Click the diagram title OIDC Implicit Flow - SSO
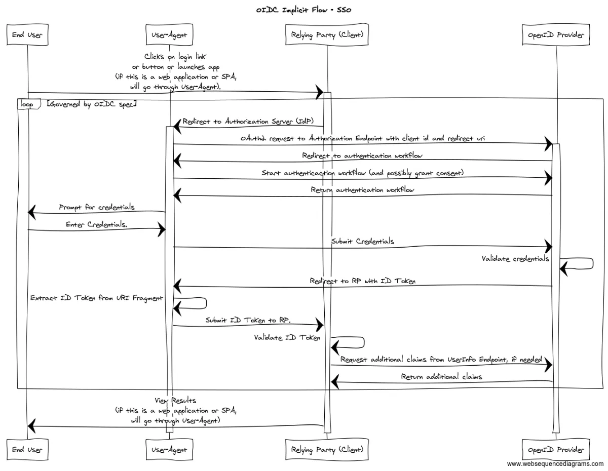(x=303, y=10)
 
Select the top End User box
(x=27, y=34)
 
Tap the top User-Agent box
(x=169, y=34)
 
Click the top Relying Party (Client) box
(x=326, y=34)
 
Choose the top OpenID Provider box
(x=555, y=34)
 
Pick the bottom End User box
(x=27, y=449)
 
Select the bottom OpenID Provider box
(x=555, y=449)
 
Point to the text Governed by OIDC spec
(x=92, y=104)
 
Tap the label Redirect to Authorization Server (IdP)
(x=248, y=122)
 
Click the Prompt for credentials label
(x=97, y=207)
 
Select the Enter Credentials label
(x=96, y=224)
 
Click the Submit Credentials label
(x=363, y=241)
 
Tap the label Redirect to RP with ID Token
(x=362, y=281)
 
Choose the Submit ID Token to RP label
(x=248, y=320)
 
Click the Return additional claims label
(x=441, y=376)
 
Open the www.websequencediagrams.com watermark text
(x=555, y=464)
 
